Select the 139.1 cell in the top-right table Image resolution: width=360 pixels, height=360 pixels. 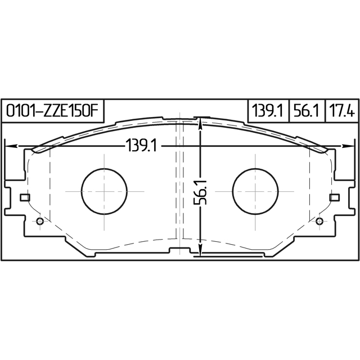(267, 110)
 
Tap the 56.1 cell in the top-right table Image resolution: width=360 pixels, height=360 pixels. (307, 110)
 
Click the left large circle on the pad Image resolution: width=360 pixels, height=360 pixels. (105, 191)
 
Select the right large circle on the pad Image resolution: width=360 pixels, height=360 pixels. (255, 191)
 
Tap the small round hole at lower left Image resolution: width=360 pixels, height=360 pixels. (39, 220)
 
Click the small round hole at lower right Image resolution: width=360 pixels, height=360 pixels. (321, 220)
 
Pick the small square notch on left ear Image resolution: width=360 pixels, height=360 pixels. (24, 197)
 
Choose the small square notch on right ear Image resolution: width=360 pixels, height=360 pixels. (335, 197)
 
